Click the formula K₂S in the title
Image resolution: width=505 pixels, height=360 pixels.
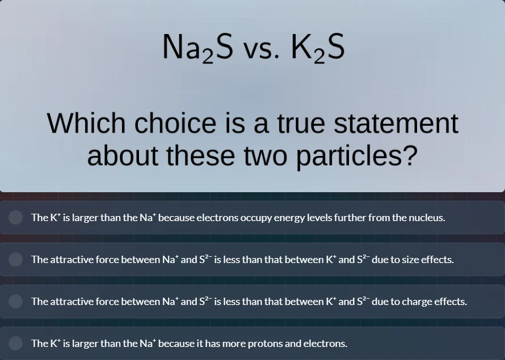click(318, 48)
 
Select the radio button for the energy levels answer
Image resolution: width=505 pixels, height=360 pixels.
click(16, 218)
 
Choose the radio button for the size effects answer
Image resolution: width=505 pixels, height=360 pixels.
click(16, 260)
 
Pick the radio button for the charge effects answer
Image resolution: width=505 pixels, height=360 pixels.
click(16, 302)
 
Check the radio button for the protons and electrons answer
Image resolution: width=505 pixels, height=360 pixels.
click(16, 344)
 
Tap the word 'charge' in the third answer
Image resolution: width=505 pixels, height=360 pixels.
click(417, 302)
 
